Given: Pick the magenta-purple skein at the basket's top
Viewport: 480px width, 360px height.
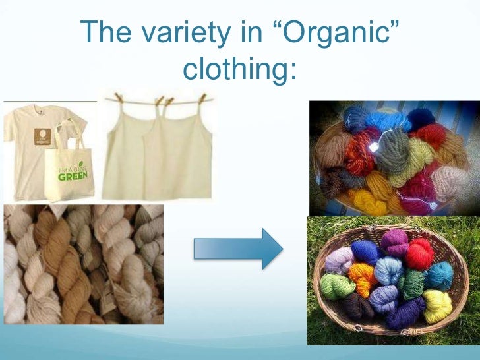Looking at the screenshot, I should tap(394, 241).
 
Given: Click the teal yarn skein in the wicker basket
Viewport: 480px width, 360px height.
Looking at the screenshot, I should tap(438, 275).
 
